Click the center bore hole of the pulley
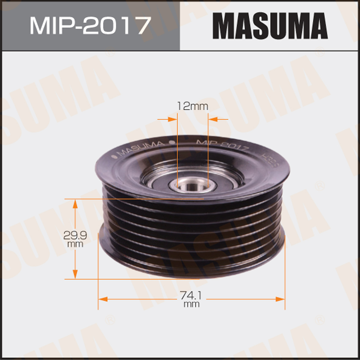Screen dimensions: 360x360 coord(193,186)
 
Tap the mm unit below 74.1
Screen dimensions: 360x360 coord(192,305)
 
